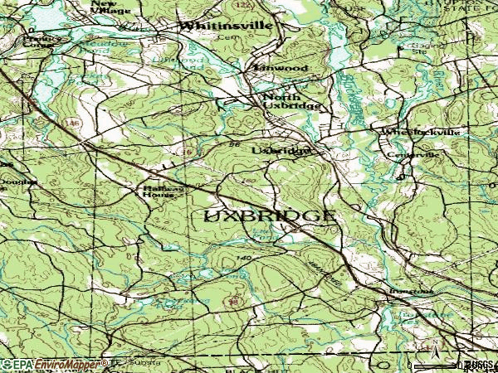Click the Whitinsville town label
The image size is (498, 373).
(x=226, y=26)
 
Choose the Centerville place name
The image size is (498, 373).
(x=413, y=154)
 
